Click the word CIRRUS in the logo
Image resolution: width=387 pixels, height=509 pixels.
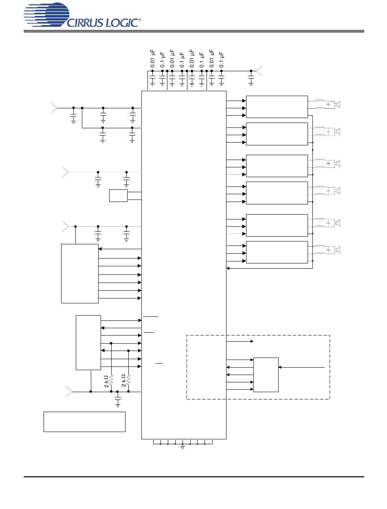pos(86,23)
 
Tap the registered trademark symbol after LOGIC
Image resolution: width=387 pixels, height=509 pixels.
pos(141,19)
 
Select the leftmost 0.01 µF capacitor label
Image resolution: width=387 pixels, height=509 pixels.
pos(152,59)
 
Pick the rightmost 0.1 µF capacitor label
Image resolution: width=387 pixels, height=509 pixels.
pos(222,59)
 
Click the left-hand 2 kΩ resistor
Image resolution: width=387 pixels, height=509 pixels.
pos(111,380)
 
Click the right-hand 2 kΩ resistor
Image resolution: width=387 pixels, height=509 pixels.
pos(128,380)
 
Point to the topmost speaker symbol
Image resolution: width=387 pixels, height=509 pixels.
pos(337,105)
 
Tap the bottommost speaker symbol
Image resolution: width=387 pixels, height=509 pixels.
pos(337,249)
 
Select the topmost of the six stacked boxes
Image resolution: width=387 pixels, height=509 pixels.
pos(277,107)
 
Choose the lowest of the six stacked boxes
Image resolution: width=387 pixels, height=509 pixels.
pos(277,252)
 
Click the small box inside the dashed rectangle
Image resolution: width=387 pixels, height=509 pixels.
pos(266,375)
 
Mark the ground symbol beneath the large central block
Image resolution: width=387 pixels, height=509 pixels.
pos(183,447)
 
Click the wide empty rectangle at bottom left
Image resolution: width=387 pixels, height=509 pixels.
pos(84,421)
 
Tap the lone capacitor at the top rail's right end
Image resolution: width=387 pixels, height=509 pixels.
pos(251,78)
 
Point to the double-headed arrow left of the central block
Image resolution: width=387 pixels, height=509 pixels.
pos(121,351)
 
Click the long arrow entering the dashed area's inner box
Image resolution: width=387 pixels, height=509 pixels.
pos(301,367)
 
